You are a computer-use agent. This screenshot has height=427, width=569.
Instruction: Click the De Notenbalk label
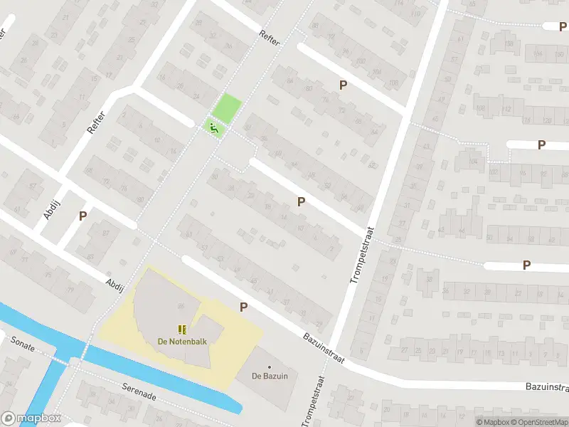point(183,341)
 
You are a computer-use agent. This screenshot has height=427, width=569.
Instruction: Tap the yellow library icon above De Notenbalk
point(183,329)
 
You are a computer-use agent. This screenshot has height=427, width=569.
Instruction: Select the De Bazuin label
point(270,376)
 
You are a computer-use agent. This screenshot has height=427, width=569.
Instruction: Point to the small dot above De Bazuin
point(270,367)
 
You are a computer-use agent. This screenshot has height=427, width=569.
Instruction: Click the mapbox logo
point(31,418)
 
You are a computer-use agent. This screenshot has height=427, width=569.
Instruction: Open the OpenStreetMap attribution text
point(538,422)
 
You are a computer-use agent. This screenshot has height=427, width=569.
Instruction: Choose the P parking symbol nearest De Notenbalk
point(243,307)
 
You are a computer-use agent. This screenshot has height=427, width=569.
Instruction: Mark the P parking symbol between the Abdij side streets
point(83,216)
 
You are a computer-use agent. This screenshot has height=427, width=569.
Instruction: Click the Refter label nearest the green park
point(271,38)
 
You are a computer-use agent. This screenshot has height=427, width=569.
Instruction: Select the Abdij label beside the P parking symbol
point(50,205)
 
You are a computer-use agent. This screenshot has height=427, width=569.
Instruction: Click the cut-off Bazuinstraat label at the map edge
point(547,386)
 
